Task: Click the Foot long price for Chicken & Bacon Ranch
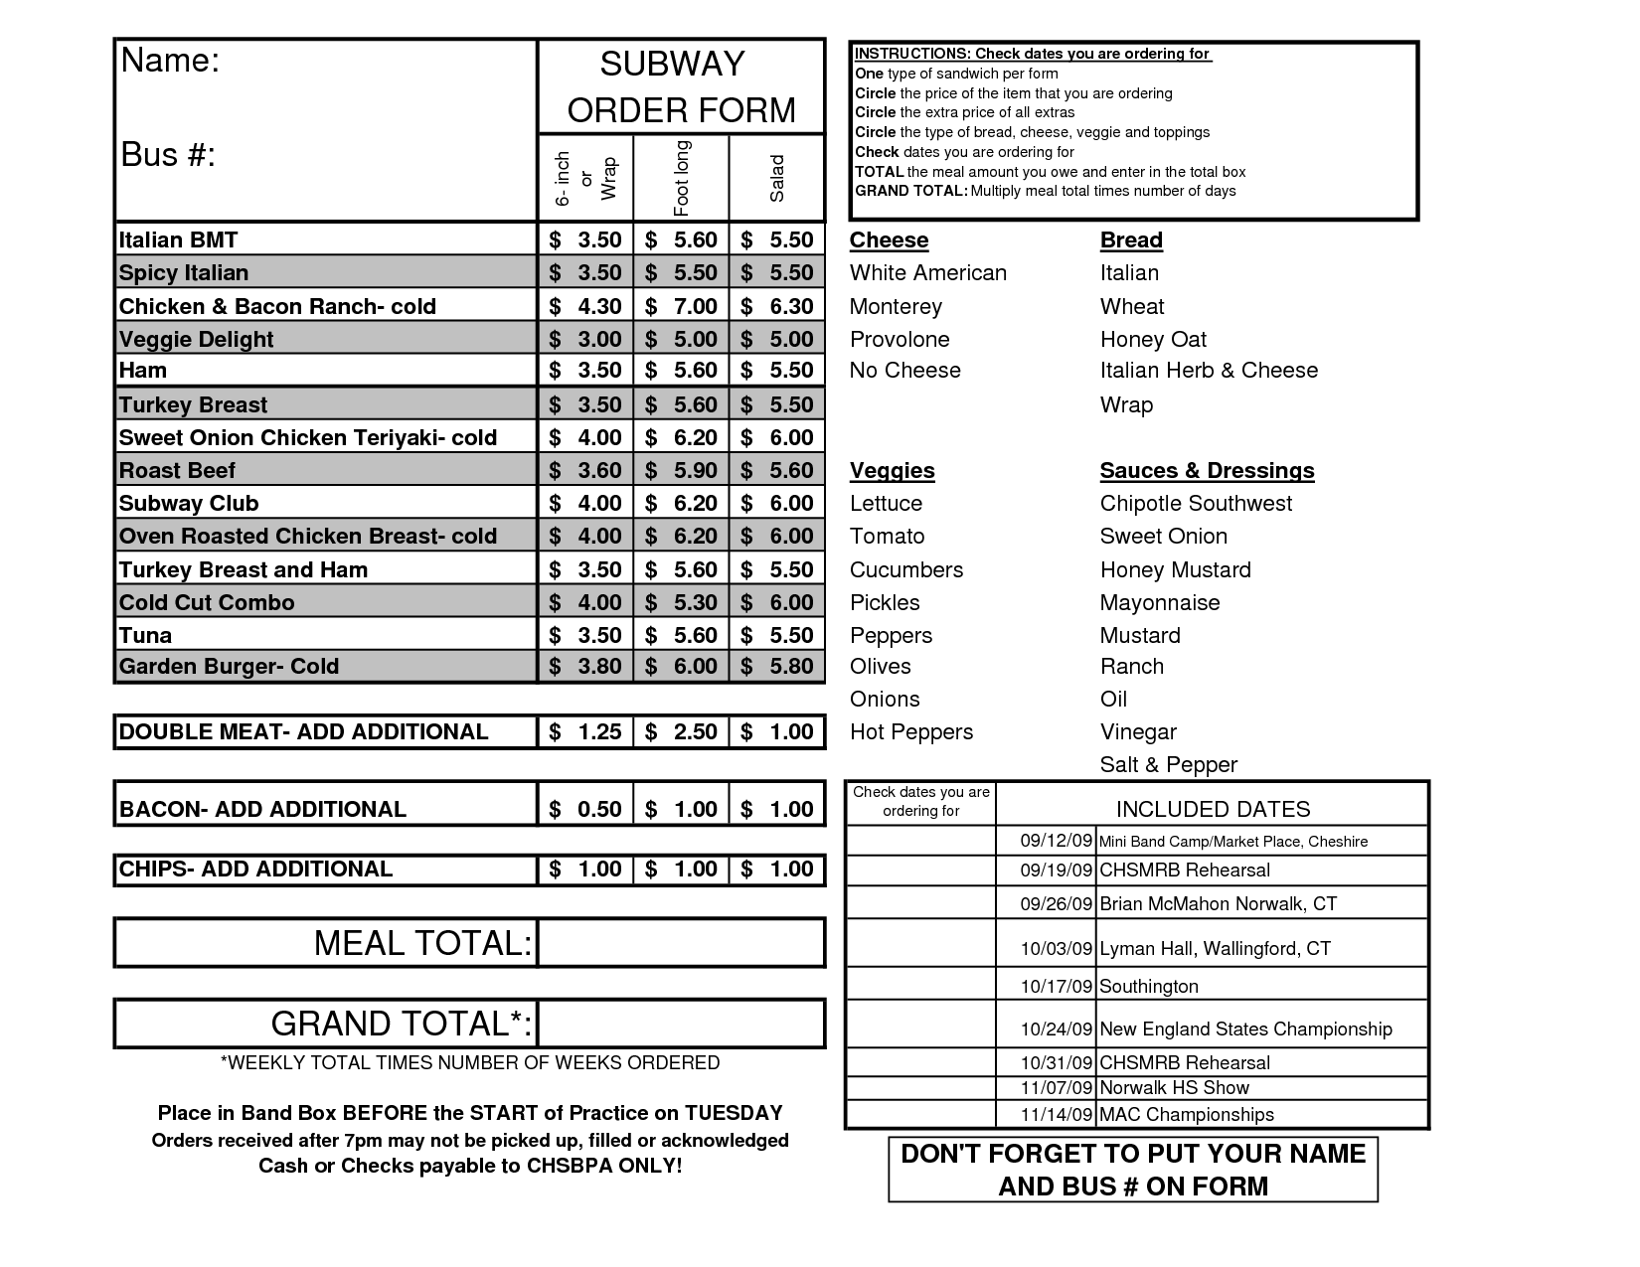[x=682, y=306]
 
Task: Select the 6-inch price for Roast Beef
[x=586, y=470]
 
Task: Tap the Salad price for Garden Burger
[x=778, y=666]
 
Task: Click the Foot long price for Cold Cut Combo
[x=682, y=602]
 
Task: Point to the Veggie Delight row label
[x=196, y=339]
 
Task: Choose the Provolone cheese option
[x=900, y=339]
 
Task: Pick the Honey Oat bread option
[x=1153, y=339]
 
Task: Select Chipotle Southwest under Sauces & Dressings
[x=1196, y=503]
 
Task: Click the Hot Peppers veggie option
[x=911, y=731]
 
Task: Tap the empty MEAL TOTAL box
[x=681, y=943]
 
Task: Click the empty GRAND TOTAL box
[x=681, y=1024]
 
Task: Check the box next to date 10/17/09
[x=920, y=984]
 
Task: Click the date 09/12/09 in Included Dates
[x=1056, y=841]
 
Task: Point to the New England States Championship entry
[x=1245, y=1029]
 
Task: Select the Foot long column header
[x=682, y=178]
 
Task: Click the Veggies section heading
[x=892, y=470]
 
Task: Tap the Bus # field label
[x=168, y=155]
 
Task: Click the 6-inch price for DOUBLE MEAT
[x=586, y=731]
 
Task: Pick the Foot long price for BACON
[x=682, y=809]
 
